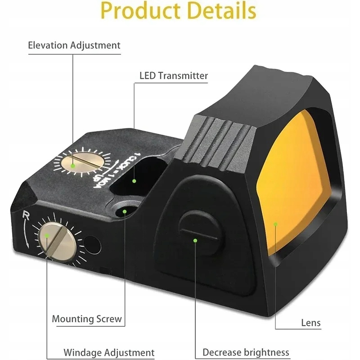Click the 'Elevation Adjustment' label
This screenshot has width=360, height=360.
[x=74, y=45]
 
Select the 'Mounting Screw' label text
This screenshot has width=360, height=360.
[x=87, y=319]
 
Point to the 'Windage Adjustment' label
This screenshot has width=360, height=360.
[x=109, y=352]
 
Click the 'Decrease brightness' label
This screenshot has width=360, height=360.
[x=246, y=352]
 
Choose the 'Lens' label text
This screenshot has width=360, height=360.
[x=310, y=323]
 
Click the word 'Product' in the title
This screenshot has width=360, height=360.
[x=140, y=12]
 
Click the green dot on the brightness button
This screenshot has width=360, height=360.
[x=195, y=241]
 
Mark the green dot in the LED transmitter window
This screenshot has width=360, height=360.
[x=134, y=181]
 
